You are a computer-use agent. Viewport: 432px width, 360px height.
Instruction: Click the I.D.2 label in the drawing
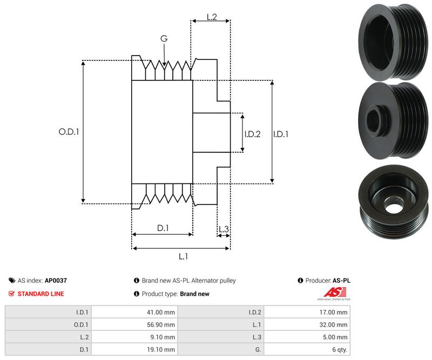(x=252, y=134)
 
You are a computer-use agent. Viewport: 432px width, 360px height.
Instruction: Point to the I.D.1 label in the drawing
(x=281, y=134)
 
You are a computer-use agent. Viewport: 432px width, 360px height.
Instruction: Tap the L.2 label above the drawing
(x=212, y=18)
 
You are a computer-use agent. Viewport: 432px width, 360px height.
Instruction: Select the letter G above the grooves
(x=164, y=38)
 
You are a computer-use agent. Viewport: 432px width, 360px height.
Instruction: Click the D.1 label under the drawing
(x=163, y=228)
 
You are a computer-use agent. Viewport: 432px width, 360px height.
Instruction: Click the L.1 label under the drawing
(x=183, y=256)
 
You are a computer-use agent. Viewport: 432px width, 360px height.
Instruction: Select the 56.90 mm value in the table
(x=162, y=324)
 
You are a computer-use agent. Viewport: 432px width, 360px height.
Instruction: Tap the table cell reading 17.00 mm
(x=335, y=312)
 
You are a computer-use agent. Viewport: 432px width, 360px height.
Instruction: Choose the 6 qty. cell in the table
(x=339, y=350)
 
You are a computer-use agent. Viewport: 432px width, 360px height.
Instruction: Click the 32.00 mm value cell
(x=335, y=324)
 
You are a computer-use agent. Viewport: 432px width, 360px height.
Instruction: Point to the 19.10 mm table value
(x=163, y=350)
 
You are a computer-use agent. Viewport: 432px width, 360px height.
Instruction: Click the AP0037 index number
(x=56, y=281)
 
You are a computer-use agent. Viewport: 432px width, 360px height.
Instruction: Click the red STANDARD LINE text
(x=40, y=294)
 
